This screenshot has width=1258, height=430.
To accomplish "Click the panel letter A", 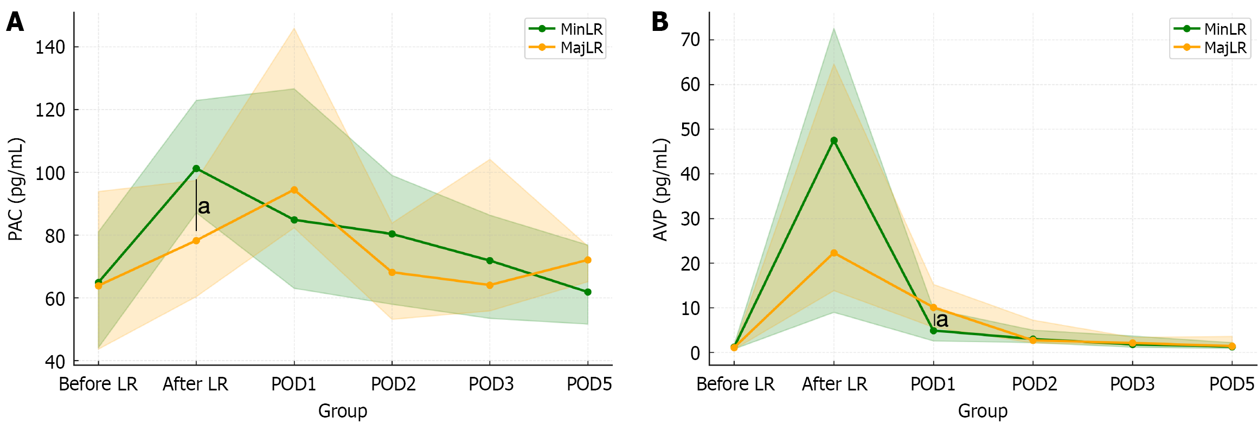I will click(15, 23).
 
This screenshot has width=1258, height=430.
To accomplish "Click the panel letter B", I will click(659, 23).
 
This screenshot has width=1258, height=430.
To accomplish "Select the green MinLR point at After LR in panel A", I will click(196, 169).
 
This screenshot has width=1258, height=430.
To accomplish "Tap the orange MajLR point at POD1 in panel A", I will click(294, 190).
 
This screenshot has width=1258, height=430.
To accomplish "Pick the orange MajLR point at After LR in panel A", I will click(196, 241).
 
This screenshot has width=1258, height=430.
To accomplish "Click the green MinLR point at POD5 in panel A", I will click(588, 292).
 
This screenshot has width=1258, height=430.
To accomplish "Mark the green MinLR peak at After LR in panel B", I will click(834, 140).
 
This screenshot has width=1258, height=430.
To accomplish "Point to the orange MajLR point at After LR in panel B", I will click(834, 253).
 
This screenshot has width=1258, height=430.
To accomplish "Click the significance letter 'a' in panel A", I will click(204, 207).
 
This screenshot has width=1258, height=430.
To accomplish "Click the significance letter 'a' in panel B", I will click(942, 320).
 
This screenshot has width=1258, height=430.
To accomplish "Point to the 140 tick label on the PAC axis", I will click(50, 47).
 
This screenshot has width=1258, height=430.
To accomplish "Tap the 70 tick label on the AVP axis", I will click(690, 40).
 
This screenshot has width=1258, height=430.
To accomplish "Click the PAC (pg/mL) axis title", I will click(16, 189).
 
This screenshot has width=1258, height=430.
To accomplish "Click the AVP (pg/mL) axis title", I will click(660, 189).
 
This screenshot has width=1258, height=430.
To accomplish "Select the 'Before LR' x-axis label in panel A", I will click(98, 384).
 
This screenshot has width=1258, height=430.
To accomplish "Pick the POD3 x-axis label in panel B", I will click(1132, 384).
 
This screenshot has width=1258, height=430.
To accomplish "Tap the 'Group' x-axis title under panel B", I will click(983, 411).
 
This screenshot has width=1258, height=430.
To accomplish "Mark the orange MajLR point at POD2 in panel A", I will click(392, 272).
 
